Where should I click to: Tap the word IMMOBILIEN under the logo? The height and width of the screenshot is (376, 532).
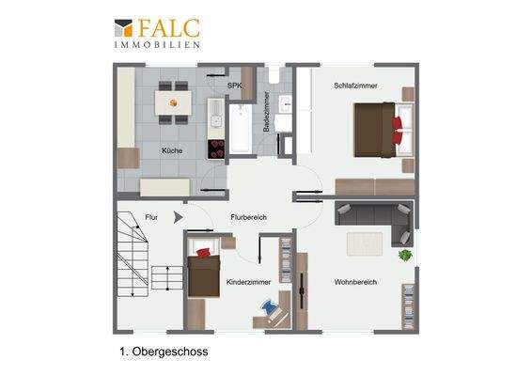point(156,44)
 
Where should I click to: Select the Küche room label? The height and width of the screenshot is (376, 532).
point(172,150)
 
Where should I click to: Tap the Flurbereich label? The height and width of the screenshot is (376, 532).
point(249,217)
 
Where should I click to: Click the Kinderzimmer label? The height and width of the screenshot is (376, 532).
point(249,282)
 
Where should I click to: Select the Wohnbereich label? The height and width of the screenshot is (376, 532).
point(355,282)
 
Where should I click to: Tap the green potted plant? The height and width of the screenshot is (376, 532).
point(405,254)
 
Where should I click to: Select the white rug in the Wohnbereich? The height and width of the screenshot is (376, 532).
point(365,243)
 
